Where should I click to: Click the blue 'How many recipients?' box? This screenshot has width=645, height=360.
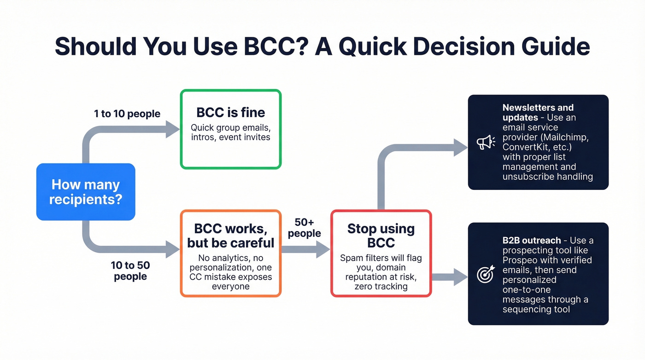tap(86, 192)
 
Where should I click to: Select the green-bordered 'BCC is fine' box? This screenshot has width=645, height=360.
tap(230, 129)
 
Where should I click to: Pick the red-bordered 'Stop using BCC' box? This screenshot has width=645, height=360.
tap(381, 253)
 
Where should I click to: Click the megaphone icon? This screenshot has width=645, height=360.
tap(486, 142)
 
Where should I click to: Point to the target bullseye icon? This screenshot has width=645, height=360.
tap(486, 274)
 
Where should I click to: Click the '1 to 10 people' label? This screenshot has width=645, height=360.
tap(127, 113)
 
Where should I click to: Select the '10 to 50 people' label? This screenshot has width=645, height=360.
tap(130, 271)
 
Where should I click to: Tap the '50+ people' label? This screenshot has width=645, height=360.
tap(304, 228)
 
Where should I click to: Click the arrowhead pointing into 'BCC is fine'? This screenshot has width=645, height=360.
tap(173, 130)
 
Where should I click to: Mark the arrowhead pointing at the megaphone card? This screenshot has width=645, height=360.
tap(461, 147)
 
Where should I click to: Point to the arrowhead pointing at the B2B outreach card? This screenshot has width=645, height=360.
tap(461, 277)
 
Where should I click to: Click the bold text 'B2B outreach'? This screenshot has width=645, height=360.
tap(532, 240)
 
